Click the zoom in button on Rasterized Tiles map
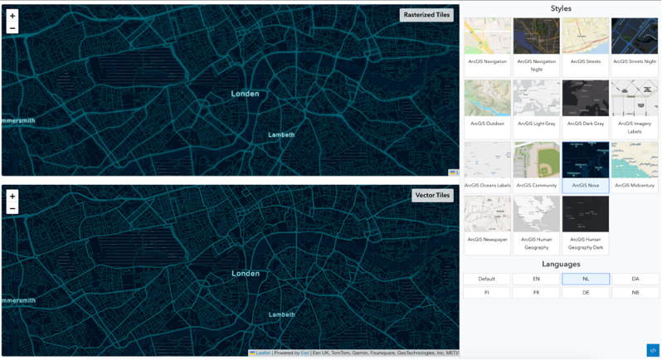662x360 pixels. pyautogui.click(x=12, y=16)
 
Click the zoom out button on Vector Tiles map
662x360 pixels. pyautogui.click(x=12, y=208)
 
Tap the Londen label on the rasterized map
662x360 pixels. pyautogui.click(x=245, y=94)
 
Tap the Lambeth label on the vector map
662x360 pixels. pyautogui.click(x=282, y=314)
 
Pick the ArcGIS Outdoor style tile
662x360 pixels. pyautogui.click(x=488, y=104)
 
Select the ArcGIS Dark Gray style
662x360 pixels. pyautogui.click(x=586, y=104)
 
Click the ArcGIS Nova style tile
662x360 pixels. pyautogui.click(x=586, y=166)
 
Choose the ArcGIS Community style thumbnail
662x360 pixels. pyautogui.click(x=537, y=166)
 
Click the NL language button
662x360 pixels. pyautogui.click(x=586, y=279)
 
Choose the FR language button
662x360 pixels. pyautogui.click(x=537, y=293)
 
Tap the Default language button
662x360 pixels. pyautogui.click(x=487, y=279)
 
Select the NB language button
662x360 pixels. pyautogui.click(x=635, y=293)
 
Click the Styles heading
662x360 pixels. pyautogui.click(x=561, y=8)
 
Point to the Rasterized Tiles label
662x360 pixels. pyautogui.click(x=426, y=14)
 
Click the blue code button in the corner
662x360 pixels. pyautogui.click(x=652, y=350)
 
